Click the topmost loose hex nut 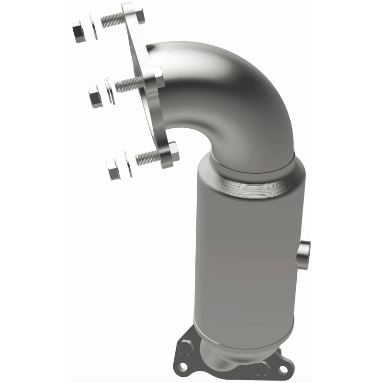pyautogui.click(x=79, y=32)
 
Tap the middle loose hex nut pyautogui.click(x=95, y=98)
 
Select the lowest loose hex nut pyautogui.click(x=113, y=170)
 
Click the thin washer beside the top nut pyautogui.click(x=93, y=27)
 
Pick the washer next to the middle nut pyautogui.click(x=109, y=91)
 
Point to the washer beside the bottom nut pyautogui.click(x=128, y=164)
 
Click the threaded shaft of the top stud pyautogui.click(x=112, y=21)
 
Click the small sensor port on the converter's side pyautogui.click(x=303, y=254)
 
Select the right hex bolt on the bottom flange pyautogui.click(x=261, y=368)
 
